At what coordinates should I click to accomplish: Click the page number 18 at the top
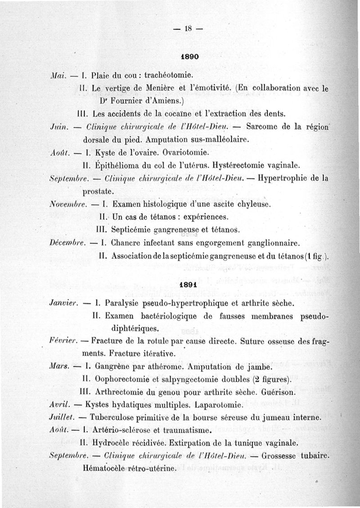point(186,29)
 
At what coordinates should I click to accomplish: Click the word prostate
point(97,191)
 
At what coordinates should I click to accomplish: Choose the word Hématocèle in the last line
point(105,468)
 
